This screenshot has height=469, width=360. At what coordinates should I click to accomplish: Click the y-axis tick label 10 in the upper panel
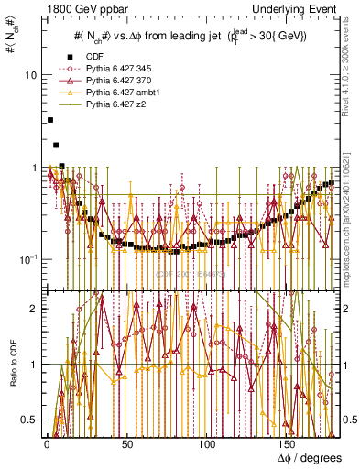(x=30, y=74)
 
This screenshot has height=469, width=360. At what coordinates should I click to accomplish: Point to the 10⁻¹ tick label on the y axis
(x=28, y=259)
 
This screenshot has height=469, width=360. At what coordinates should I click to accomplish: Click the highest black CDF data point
(x=50, y=120)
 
